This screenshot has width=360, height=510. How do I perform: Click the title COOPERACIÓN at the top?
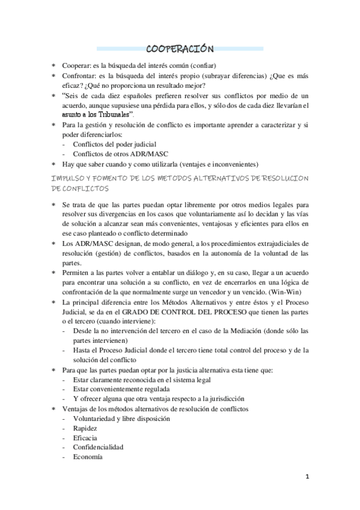[180, 49]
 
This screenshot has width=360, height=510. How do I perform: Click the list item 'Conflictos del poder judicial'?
[115, 144]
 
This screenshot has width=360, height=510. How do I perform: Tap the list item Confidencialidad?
[98, 447]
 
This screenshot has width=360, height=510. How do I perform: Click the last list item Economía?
[88, 456]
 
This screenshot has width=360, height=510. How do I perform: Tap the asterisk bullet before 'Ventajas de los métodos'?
[53, 408]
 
